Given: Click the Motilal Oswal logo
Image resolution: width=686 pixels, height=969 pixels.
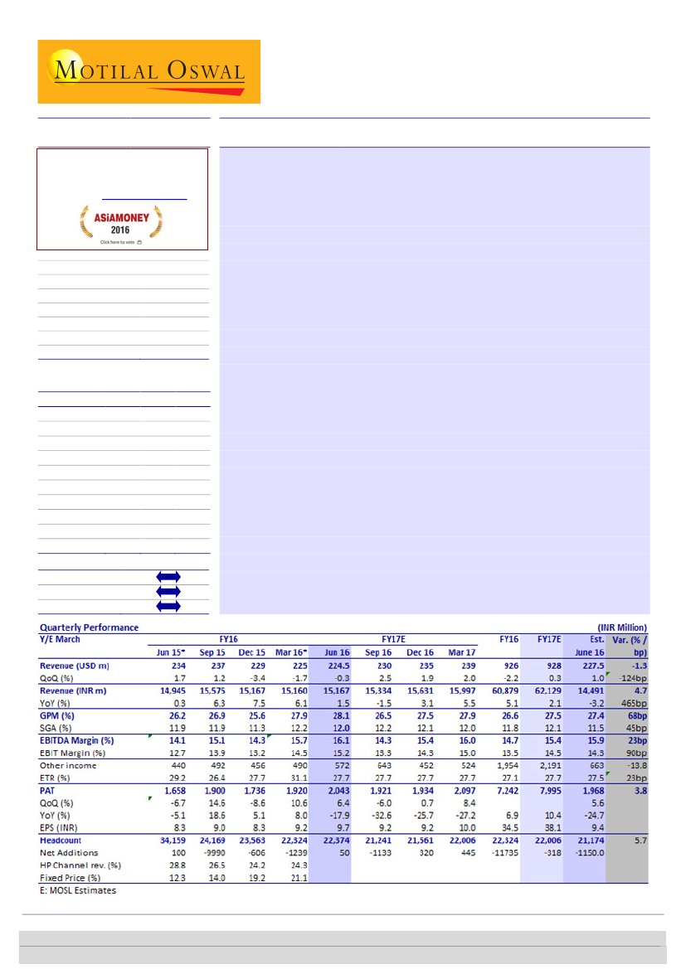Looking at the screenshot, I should pyautogui.click(x=148, y=71).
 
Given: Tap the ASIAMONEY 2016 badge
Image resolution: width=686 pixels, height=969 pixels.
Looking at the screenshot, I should pyautogui.click(x=121, y=223).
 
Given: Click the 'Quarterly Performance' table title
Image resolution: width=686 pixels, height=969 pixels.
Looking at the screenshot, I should pyautogui.click(x=89, y=627).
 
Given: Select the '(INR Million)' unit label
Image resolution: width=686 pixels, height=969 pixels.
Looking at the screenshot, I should pyautogui.click(x=621, y=627).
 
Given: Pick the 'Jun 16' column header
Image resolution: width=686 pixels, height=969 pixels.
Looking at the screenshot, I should pyautogui.click(x=337, y=652).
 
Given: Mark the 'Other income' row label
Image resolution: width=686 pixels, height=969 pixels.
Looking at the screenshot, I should pyautogui.click(x=69, y=765).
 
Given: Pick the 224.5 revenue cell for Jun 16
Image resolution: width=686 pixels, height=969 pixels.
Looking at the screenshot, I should pyautogui.click(x=334, y=666).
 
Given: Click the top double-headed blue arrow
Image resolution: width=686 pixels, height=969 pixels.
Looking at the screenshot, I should pyautogui.click(x=168, y=576).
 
